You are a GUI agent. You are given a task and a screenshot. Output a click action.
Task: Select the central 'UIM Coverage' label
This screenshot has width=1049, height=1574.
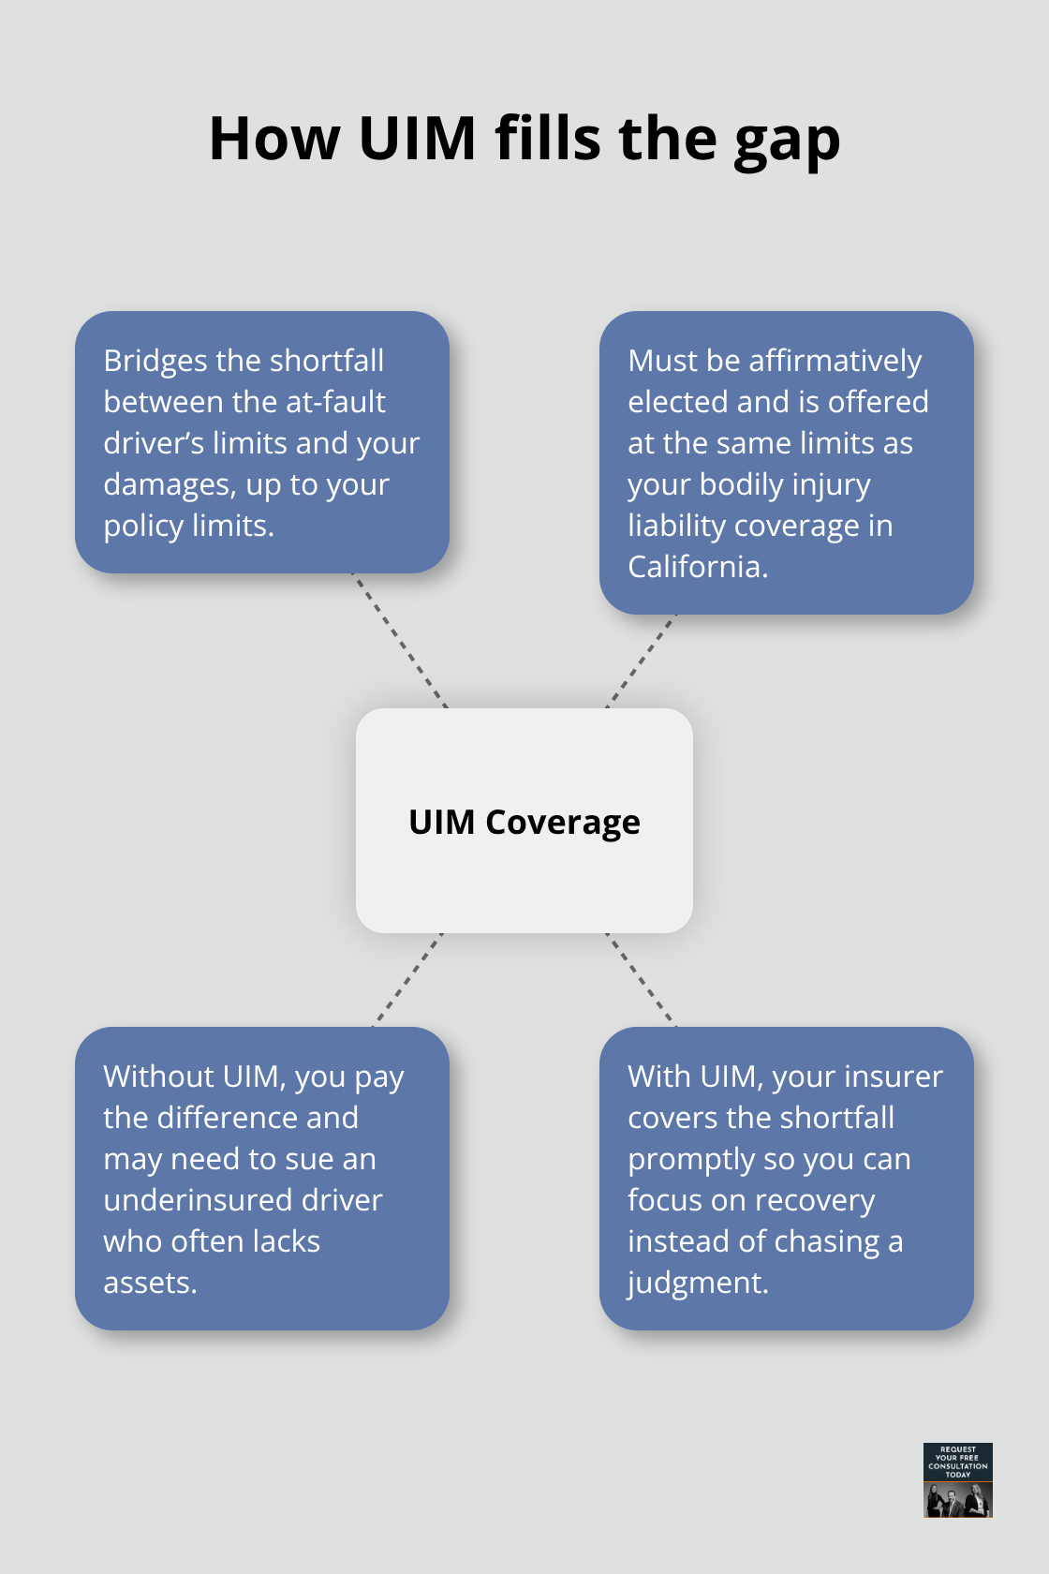click(x=524, y=822)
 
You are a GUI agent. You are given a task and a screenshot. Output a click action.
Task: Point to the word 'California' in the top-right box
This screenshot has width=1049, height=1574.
click(x=695, y=567)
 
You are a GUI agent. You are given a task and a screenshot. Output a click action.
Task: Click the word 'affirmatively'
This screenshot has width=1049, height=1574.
click(x=835, y=361)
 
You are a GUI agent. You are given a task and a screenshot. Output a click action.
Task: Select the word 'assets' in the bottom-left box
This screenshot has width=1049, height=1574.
click(x=147, y=1283)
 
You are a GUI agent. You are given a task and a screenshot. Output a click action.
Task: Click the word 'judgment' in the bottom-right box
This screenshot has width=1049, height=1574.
click(x=695, y=1283)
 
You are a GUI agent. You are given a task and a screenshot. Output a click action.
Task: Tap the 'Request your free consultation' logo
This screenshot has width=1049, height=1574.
click(x=957, y=1479)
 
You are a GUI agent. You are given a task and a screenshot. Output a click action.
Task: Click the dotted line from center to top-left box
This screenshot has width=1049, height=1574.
click(x=399, y=640)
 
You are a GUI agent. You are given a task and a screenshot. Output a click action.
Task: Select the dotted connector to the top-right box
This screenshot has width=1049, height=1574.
click(x=642, y=661)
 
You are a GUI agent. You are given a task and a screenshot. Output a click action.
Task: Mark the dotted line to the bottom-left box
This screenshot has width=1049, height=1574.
click(x=408, y=979)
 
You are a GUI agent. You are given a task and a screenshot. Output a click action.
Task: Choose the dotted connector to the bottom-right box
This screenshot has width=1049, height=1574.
click(x=641, y=979)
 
